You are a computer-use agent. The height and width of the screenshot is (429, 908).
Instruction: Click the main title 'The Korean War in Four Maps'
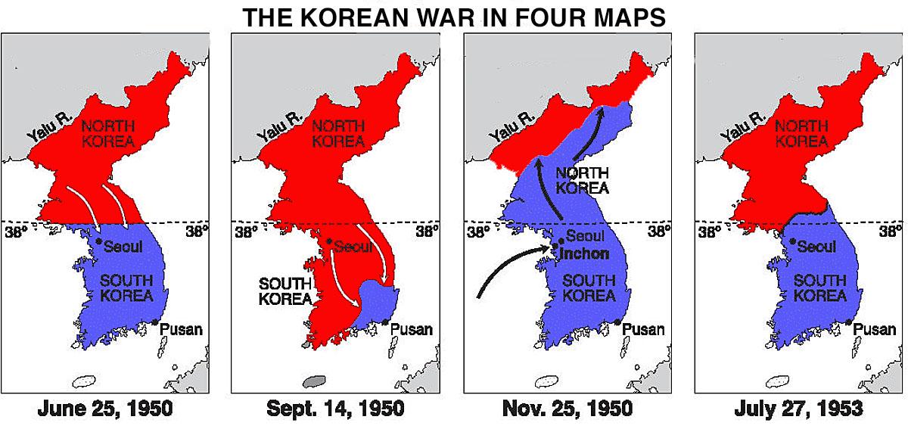[x=454, y=17]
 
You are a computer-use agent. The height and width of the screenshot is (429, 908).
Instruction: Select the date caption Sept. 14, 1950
[x=335, y=410]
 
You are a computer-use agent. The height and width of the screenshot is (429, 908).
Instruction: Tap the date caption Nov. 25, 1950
[x=567, y=410]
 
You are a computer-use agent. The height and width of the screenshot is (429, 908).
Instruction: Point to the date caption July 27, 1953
[x=798, y=410]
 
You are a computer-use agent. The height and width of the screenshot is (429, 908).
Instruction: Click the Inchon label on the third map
[x=585, y=253]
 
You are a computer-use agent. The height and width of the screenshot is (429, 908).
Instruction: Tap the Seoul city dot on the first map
[x=98, y=241]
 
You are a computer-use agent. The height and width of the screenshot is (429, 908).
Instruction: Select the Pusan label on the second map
[x=412, y=329]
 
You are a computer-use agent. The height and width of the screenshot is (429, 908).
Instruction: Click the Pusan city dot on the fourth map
[x=849, y=323]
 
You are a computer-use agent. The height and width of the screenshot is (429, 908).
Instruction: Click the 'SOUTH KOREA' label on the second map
[x=286, y=291]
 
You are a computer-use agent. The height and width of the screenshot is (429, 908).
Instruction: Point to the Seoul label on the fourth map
[x=816, y=247]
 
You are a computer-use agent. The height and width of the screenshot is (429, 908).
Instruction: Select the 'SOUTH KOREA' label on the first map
[x=127, y=288]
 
